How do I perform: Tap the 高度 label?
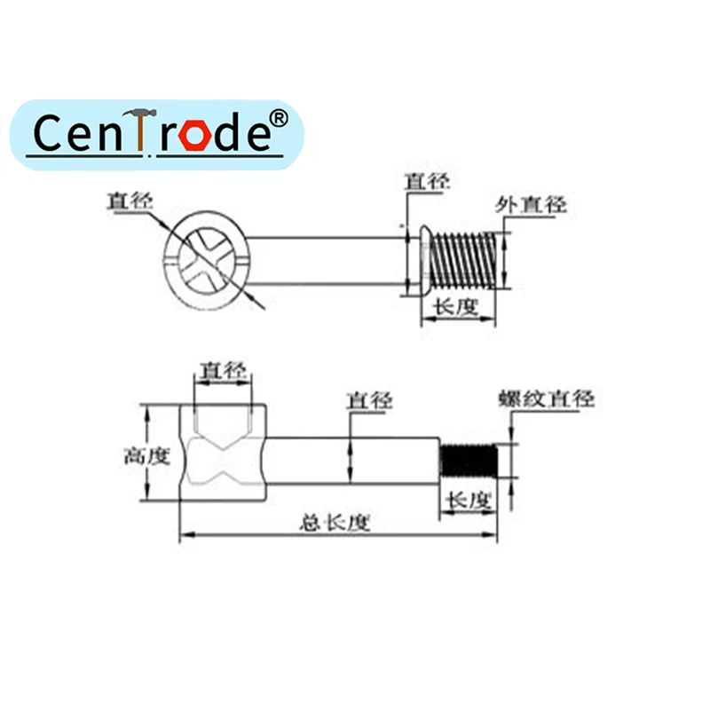point(146,456)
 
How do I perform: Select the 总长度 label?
point(334,523)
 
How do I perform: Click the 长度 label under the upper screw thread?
point(454,307)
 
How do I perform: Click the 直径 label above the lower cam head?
point(222,370)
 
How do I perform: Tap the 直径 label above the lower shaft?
point(369,400)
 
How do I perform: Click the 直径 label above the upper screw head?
point(427,182)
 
